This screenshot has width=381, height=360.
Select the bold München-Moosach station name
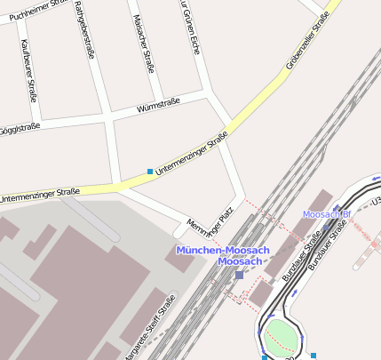point(221,250)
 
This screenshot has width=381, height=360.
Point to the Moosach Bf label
point(328,214)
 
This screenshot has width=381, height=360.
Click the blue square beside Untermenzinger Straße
point(149,171)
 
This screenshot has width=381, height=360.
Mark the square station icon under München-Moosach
point(239,275)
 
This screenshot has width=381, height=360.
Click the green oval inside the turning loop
point(282,336)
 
